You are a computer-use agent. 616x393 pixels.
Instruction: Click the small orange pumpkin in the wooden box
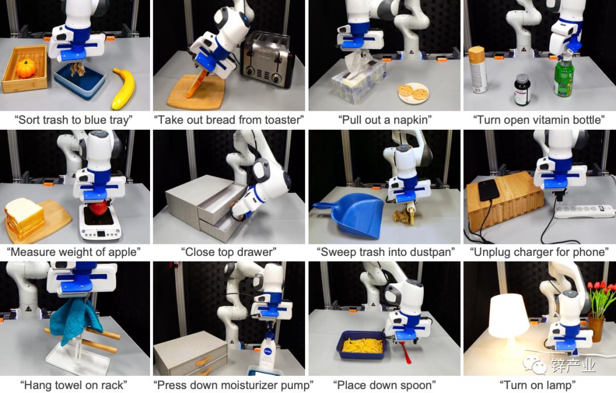[x=26, y=69]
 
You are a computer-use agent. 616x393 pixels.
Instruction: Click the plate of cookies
[x=414, y=93]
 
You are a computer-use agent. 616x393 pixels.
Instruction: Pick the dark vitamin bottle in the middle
[x=522, y=90]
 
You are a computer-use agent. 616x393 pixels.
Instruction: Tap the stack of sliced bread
[x=24, y=218]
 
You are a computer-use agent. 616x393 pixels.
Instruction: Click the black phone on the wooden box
[x=488, y=191]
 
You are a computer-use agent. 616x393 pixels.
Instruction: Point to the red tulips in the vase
[x=601, y=296]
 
